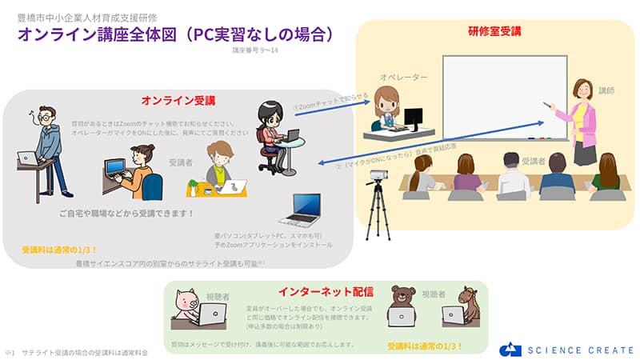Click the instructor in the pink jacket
point(582,120)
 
